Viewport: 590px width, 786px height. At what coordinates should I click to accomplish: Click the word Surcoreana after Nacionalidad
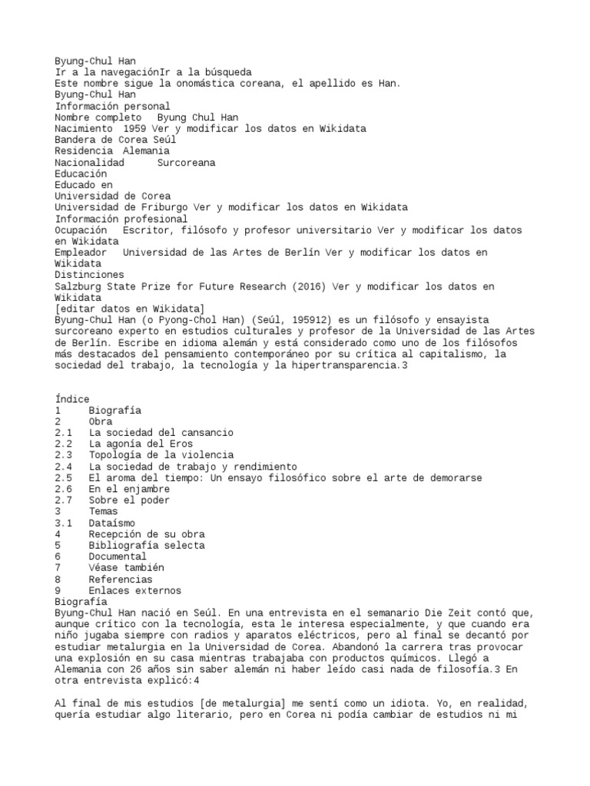tap(186, 163)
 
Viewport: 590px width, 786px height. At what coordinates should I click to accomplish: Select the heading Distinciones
tap(88, 275)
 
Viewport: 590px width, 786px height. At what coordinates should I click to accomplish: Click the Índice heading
tap(72, 399)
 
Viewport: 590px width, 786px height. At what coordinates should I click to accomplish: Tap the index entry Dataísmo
tap(112, 523)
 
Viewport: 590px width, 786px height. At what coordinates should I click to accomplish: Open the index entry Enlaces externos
tap(135, 590)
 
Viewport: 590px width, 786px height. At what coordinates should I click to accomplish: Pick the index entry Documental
tap(118, 556)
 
